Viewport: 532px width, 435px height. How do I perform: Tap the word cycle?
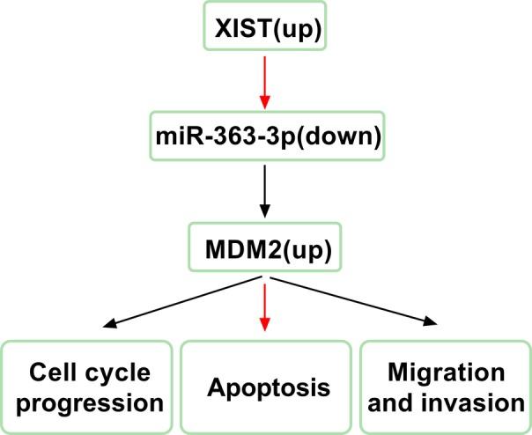[x=119, y=372]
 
